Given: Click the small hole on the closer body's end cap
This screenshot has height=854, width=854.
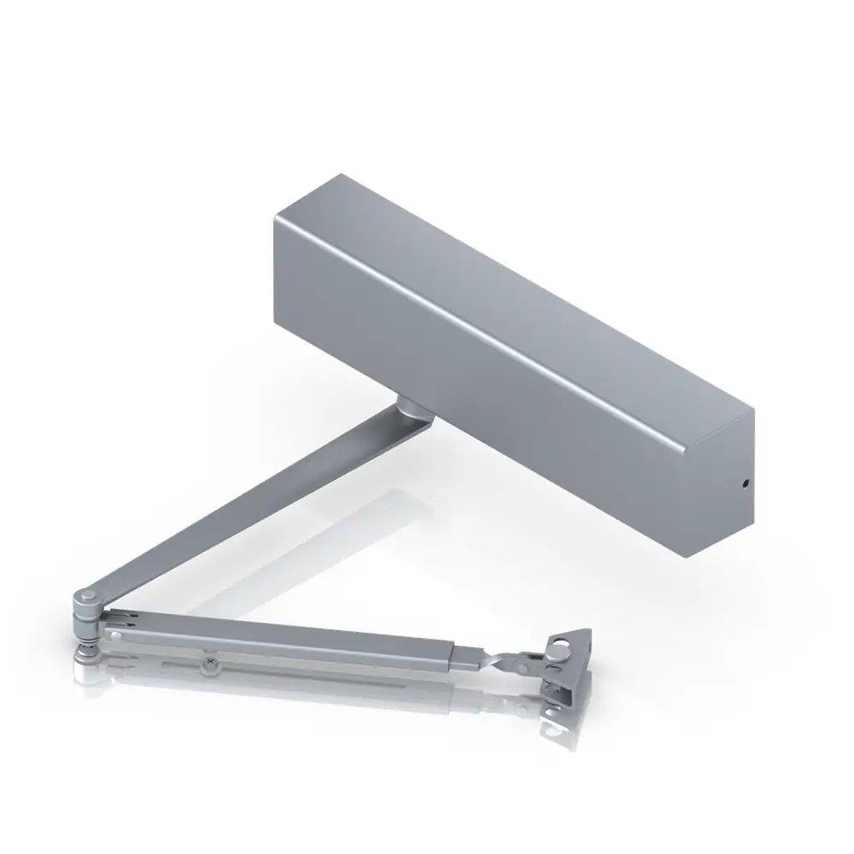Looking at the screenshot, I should point(745,483).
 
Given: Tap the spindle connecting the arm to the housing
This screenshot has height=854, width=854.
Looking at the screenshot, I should point(414,408).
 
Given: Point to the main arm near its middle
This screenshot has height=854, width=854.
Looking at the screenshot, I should point(256,504).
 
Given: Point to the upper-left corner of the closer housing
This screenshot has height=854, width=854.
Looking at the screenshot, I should point(275,220).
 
